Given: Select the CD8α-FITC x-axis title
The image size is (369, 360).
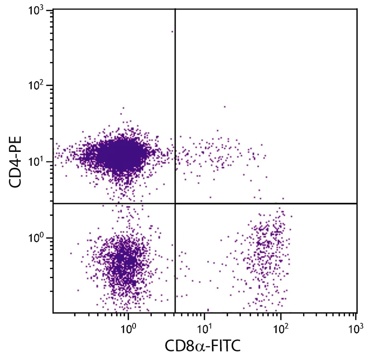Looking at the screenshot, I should click(202, 346).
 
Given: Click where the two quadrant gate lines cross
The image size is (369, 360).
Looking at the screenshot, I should click(175, 203).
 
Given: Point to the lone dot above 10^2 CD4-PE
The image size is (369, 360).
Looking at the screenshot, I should click(172, 32).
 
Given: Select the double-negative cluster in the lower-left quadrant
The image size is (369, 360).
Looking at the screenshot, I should click(123, 262).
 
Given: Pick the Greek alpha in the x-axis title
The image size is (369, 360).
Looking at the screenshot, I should click(200, 347).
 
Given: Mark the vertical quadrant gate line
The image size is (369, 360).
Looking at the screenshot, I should click(175, 96).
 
